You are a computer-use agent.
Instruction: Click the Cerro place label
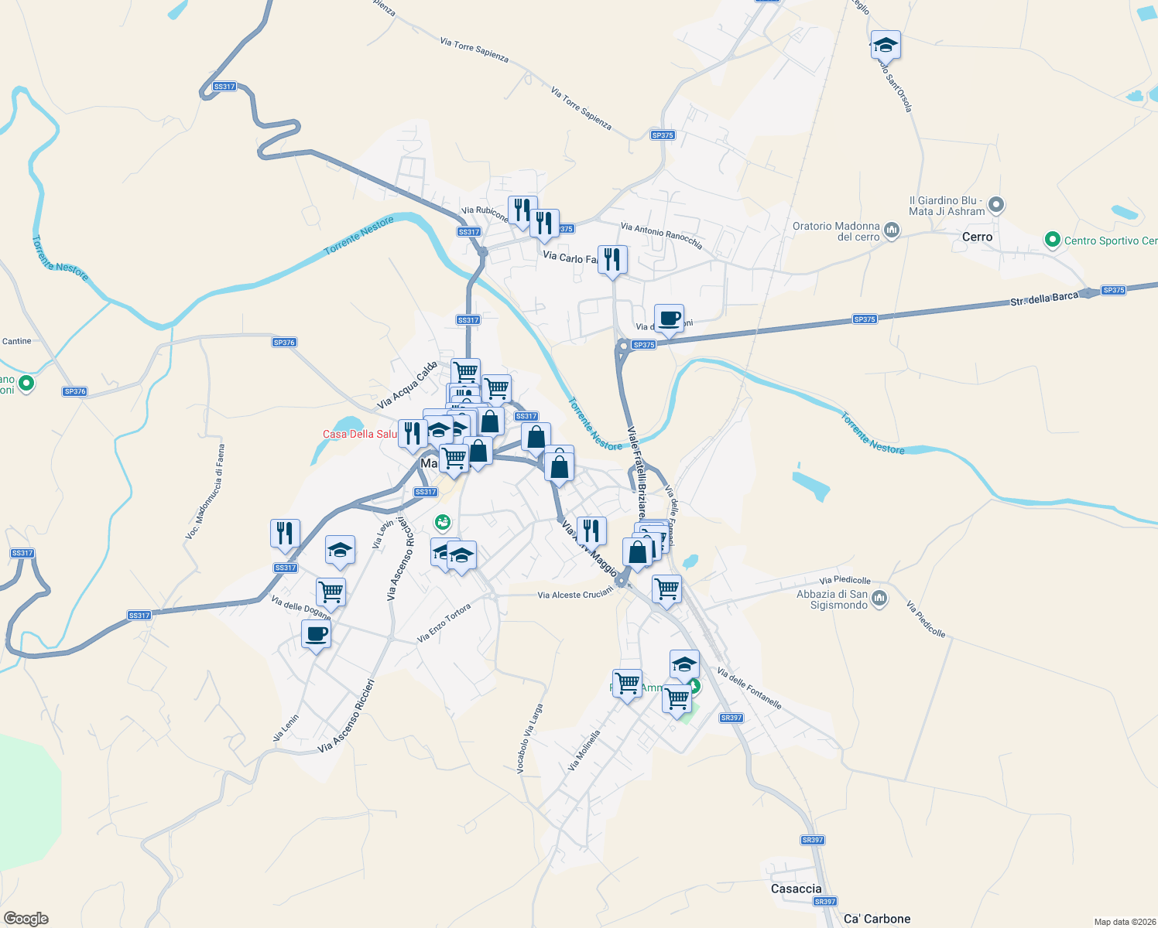(977, 237)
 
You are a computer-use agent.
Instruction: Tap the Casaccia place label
(796, 889)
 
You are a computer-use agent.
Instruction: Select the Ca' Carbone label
(877, 919)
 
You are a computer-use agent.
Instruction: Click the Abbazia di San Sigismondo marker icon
(879, 598)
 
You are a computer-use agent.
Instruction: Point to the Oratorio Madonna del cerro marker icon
(891, 230)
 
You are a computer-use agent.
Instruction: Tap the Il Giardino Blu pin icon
(996, 205)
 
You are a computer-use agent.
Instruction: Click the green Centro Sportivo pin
(1052, 240)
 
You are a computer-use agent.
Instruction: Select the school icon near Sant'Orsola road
(885, 45)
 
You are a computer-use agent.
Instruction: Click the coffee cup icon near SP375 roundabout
(669, 318)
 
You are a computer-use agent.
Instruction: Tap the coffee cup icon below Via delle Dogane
(316, 635)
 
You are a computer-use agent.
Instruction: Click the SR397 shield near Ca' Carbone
(826, 902)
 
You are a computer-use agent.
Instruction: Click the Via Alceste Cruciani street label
(575, 594)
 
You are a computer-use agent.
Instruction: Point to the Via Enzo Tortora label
(444, 623)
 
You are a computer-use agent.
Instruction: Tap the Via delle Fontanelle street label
(749, 688)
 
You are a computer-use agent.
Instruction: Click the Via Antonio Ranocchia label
(662, 236)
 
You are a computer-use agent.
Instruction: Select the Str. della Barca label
(1043, 299)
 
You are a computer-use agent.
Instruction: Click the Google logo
(26, 918)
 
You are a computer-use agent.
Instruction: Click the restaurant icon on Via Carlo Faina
(612, 261)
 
